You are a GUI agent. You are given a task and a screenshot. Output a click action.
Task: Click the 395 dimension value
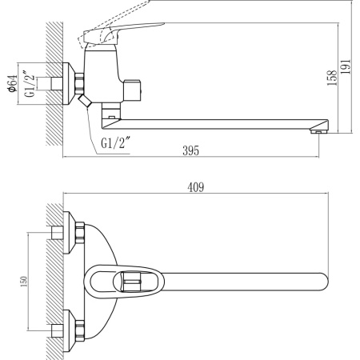(x=190, y=150)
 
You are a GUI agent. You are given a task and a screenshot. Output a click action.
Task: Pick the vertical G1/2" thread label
(x=30, y=82)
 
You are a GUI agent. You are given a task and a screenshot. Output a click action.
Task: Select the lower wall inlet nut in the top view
(x=79, y=327)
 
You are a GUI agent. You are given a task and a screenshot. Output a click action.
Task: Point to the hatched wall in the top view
(x=54, y=280)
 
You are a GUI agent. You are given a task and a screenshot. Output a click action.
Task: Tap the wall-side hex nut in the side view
(x=78, y=83)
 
